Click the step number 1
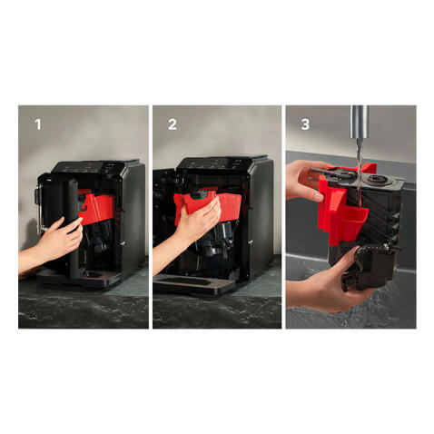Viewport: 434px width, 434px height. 38,124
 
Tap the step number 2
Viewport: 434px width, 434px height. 173,124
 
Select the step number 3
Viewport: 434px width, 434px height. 305,124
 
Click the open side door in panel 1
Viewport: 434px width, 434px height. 73,227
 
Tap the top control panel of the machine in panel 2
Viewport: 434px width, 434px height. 220,163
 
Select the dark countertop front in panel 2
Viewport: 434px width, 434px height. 217,311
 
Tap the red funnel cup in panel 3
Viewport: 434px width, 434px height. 352,222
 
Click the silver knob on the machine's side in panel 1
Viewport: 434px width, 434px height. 122,242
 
